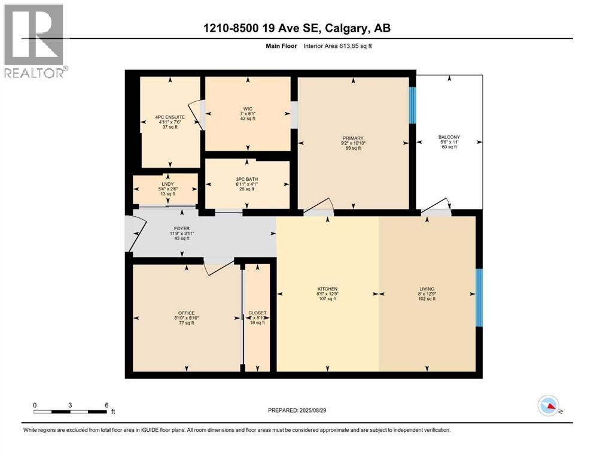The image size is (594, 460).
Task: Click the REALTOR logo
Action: tap(34, 41)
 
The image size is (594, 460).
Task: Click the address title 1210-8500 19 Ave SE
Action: tap(297, 28)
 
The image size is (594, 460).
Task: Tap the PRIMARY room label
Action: tap(353, 138)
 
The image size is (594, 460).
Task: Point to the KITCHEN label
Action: tap(328, 288)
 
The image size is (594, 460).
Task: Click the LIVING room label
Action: tap(427, 288)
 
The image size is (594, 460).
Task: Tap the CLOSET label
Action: tap(257, 313)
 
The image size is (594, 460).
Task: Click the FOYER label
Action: tap(182, 228)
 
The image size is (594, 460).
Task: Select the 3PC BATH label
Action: tap(246, 178)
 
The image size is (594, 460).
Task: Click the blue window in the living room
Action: tap(479, 298)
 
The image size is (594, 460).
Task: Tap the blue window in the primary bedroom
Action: tap(412, 105)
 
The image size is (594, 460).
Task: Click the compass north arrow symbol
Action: tap(549, 407)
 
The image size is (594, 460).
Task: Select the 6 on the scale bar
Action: tap(106, 405)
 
